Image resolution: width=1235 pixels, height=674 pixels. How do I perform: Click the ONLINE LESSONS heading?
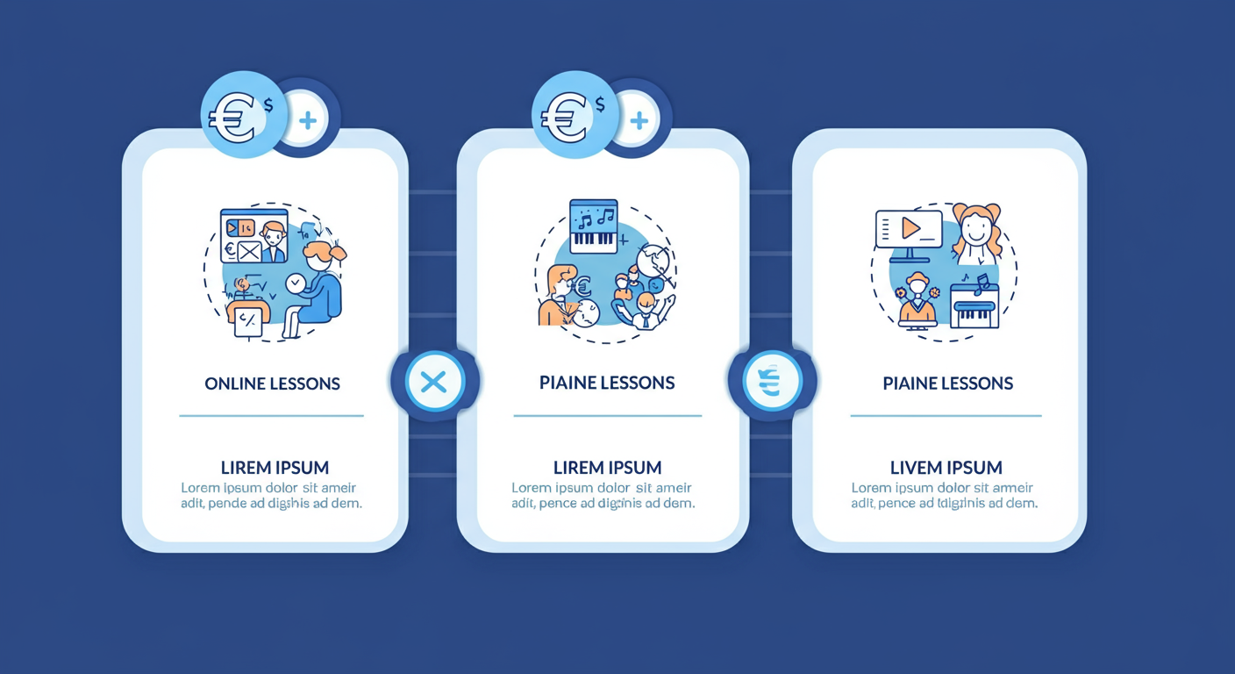272,384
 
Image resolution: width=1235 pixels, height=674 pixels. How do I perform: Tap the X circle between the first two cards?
433,382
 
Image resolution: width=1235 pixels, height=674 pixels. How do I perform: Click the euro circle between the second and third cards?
772,382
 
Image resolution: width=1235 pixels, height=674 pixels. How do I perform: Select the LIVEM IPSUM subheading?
946,468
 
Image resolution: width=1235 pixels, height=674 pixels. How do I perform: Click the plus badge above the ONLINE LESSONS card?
307,120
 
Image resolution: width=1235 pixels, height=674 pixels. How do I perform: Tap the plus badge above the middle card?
639,120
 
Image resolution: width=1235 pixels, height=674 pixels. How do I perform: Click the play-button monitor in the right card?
909,231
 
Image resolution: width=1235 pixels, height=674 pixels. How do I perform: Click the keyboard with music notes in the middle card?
594,226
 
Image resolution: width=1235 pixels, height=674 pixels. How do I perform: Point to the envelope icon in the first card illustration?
249,252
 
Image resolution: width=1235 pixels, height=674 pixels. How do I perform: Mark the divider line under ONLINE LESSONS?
271,416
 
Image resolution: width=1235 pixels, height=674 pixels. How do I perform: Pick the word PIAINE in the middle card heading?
568,384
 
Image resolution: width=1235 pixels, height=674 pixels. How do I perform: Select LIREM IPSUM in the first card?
275,468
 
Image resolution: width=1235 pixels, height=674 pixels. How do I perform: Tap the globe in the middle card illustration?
653,262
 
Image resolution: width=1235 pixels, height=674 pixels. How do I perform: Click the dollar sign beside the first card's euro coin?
268,105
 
